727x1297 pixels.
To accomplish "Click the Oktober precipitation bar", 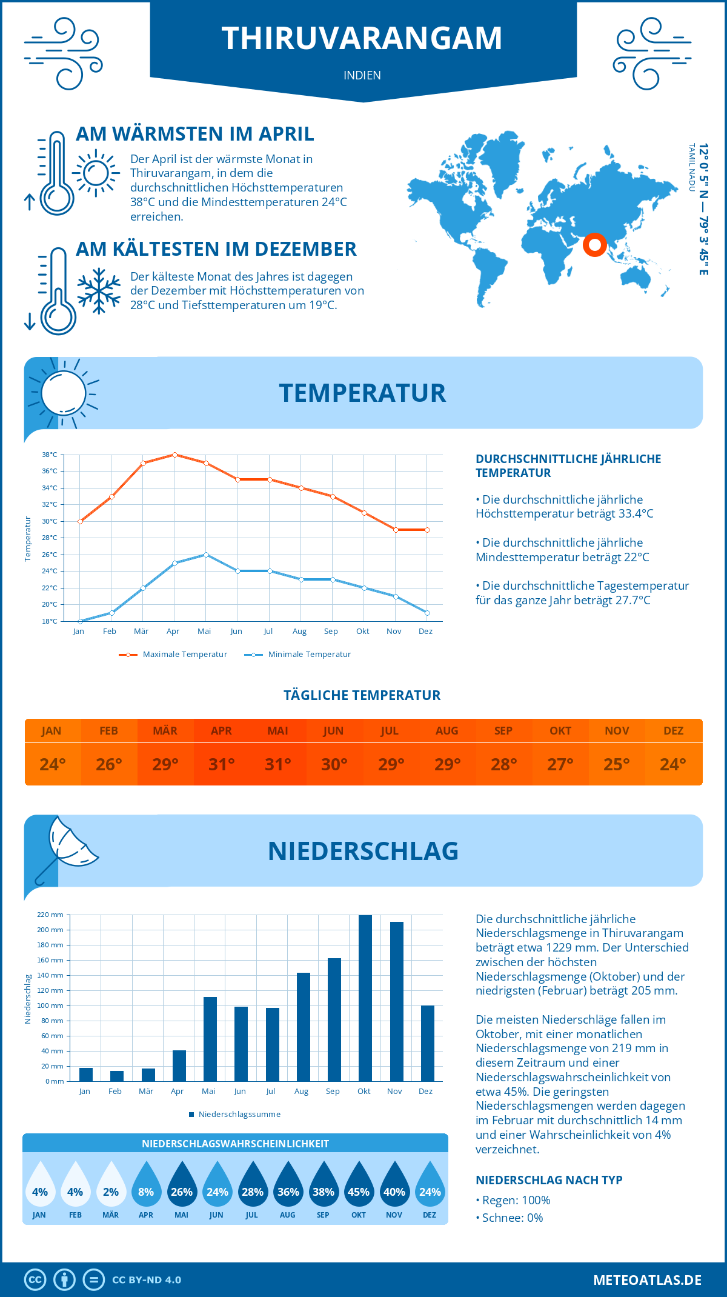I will (x=365, y=998).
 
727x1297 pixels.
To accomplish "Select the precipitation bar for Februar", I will (x=117, y=1076).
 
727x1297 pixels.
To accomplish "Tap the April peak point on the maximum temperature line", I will (x=174, y=455).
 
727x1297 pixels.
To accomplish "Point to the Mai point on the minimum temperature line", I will (x=206, y=555).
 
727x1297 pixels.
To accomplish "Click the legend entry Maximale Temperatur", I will (x=173, y=655).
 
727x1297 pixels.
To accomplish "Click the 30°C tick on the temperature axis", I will (x=50, y=521).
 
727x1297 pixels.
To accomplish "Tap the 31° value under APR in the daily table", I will (x=221, y=764).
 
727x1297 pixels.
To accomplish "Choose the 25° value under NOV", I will (x=616, y=764).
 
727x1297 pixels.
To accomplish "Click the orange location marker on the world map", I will (x=594, y=244).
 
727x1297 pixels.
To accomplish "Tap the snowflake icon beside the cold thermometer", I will (x=99, y=292).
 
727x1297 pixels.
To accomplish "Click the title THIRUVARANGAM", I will (x=362, y=38).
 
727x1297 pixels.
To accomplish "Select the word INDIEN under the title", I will (x=362, y=76).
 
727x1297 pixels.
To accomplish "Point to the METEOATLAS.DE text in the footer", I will (x=647, y=1280).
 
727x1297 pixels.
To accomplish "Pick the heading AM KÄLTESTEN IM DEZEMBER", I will (x=216, y=249).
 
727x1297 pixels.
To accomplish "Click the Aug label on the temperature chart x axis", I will (x=299, y=632).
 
